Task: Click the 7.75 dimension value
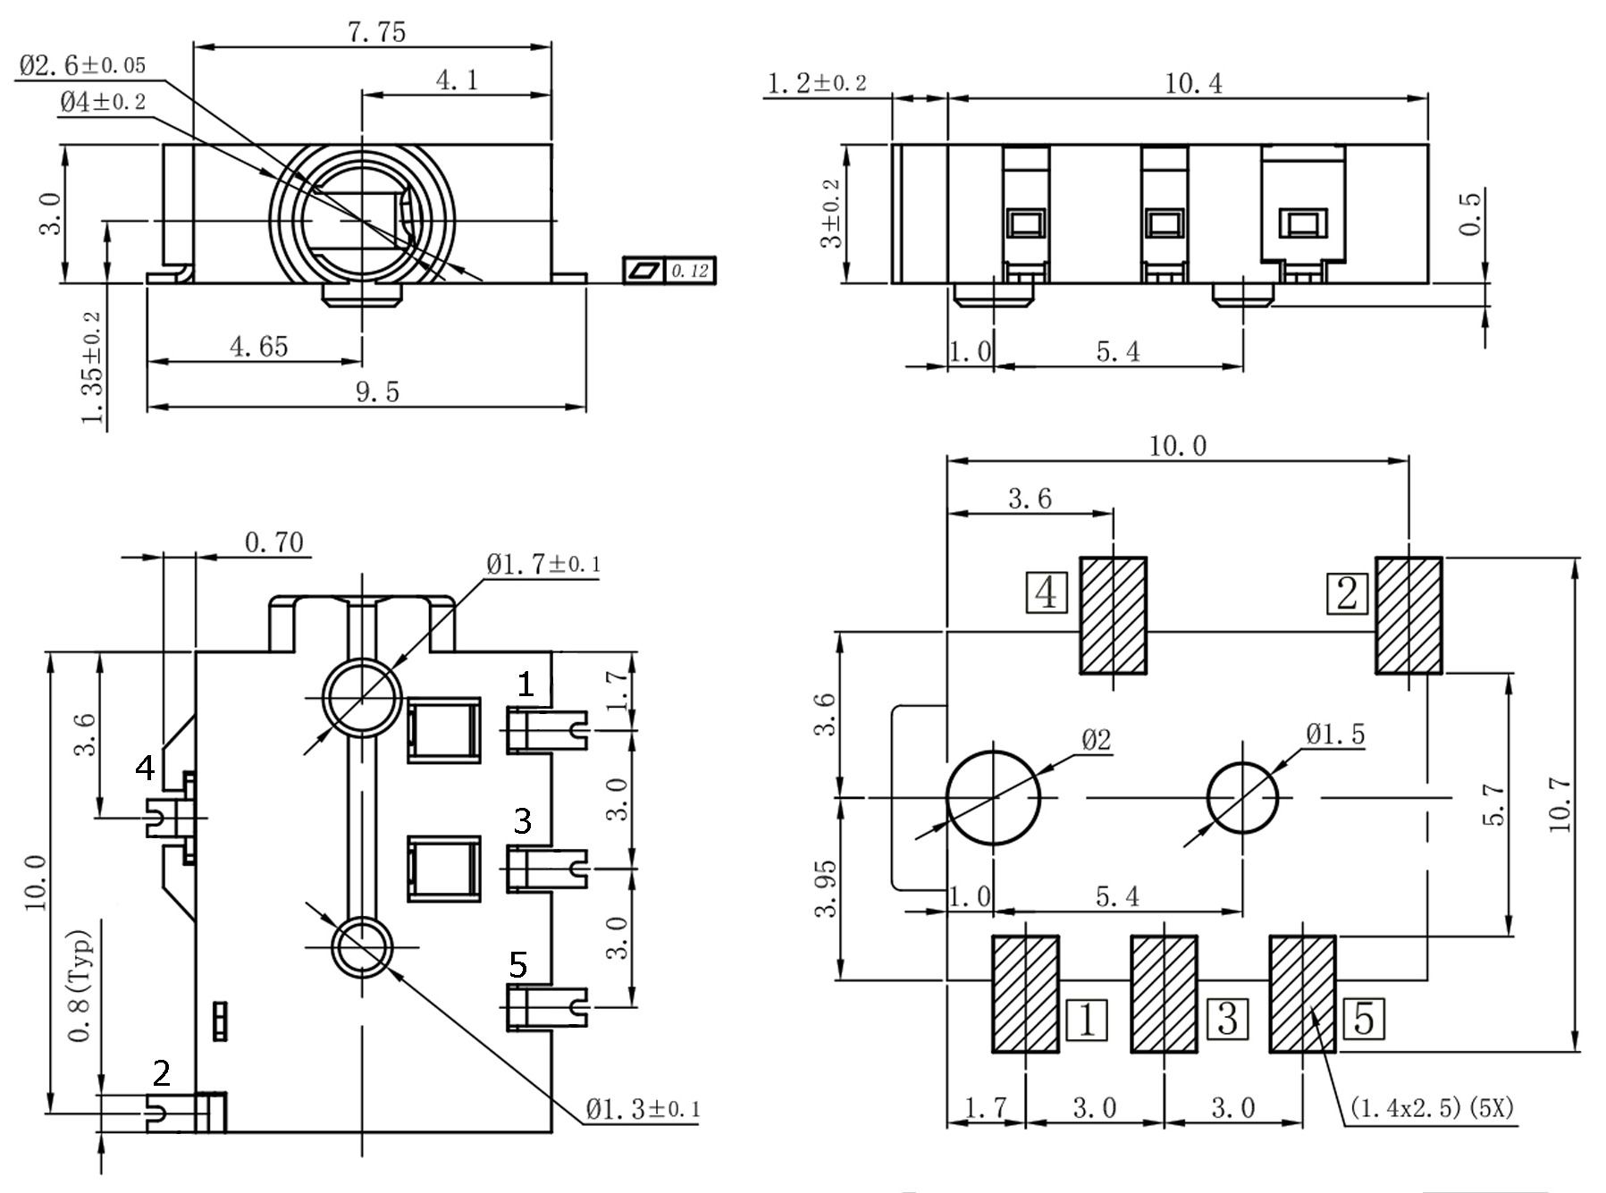376,32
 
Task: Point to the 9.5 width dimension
377,391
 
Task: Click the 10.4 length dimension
1193,84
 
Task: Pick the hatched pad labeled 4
1114,616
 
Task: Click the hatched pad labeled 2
1408,616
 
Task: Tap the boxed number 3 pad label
1228,1019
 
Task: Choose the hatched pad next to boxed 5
1302,994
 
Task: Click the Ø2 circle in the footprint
993,797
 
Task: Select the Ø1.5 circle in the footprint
1242,797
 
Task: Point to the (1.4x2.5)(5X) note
1431,1108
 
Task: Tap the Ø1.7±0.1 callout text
543,564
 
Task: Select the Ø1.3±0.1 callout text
643,1110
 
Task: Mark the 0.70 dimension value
273,542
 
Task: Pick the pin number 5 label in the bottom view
517,964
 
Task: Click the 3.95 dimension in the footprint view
827,888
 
